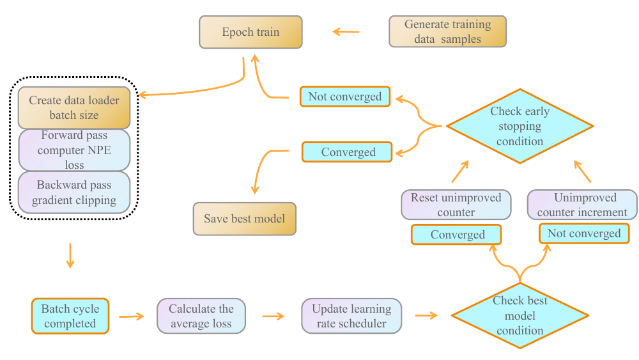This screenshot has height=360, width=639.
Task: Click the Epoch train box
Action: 250,32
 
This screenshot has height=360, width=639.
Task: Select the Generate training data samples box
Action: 447,32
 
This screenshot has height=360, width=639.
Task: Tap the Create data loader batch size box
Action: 74,108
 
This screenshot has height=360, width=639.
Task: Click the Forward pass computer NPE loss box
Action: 74,150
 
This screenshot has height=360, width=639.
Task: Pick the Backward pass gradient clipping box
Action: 74,192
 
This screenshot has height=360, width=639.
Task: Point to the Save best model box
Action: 245,219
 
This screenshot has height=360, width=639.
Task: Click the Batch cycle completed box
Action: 70,316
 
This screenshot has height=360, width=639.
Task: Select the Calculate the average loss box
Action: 201,316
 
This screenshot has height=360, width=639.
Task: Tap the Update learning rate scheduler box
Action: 351,316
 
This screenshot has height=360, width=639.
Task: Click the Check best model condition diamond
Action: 520,316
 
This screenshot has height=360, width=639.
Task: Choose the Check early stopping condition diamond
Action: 520,126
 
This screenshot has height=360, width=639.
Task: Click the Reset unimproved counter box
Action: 456,205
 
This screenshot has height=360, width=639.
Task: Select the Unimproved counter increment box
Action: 582,205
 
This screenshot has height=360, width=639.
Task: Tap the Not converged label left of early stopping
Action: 345,97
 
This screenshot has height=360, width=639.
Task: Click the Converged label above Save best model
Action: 348,152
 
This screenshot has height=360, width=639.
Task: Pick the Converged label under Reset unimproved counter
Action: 457,235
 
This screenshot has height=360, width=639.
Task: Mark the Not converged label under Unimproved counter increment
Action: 584,233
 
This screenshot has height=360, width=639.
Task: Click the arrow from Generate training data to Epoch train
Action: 346,31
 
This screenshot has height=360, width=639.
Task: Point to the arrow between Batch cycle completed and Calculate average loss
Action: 132,316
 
